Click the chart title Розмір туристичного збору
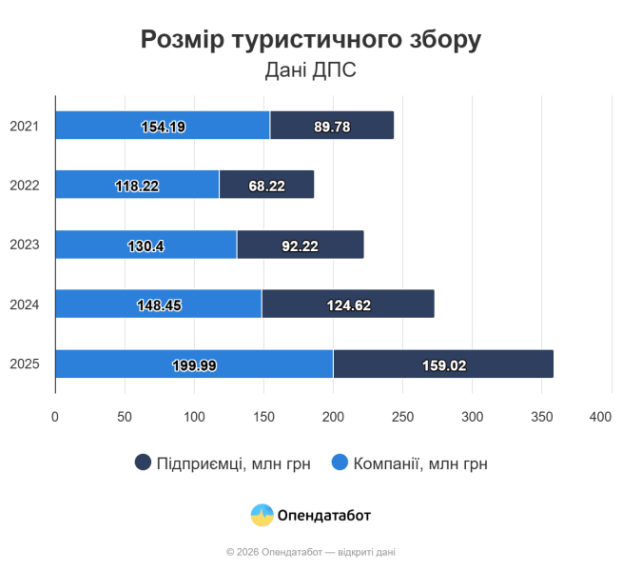311,39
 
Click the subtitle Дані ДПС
311,70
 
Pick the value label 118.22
137,186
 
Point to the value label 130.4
146,246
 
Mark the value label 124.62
347,305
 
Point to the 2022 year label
24,185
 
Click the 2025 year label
24,364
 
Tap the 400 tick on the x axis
600,417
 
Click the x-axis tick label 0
55,417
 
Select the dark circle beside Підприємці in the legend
144,463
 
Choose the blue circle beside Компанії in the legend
340,463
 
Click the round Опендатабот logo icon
262,515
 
